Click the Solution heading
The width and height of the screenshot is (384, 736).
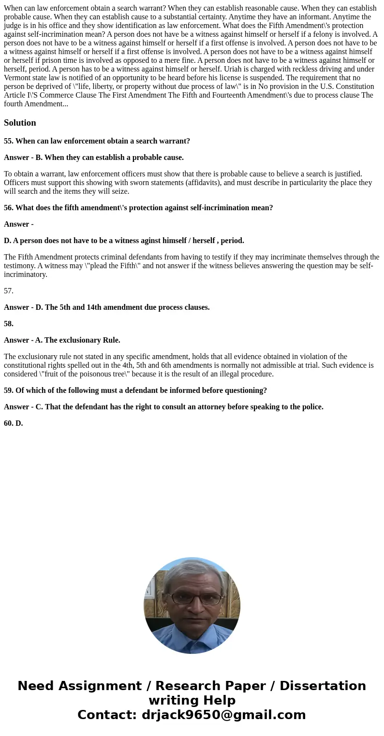[20, 123]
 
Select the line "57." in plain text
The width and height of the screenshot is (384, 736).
[9, 291]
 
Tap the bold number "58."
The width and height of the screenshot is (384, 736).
[9, 324]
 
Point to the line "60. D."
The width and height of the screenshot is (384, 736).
[14, 423]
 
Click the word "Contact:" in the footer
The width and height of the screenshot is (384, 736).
[107, 715]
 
